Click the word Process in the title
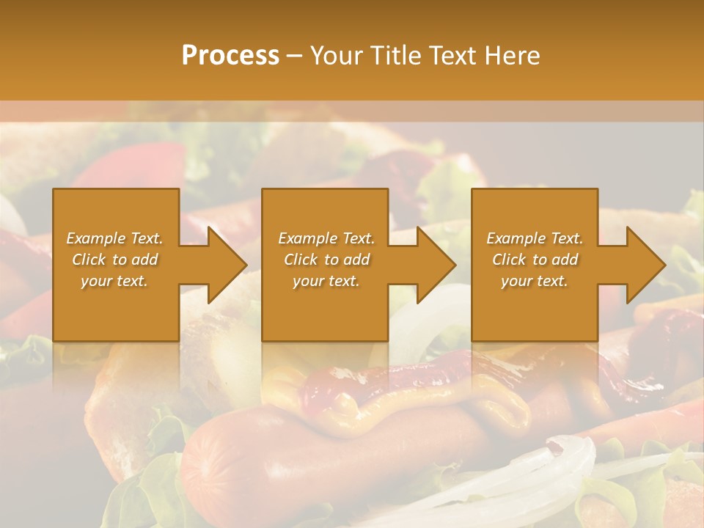point(230,56)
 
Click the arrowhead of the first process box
point(227,265)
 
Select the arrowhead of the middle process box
point(436,265)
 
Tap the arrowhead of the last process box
point(645,265)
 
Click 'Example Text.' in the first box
point(114,238)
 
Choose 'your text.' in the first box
point(114,281)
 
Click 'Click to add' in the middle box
point(326,260)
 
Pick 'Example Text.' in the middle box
point(326,238)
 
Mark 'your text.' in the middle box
point(326,281)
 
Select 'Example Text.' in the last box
point(535,238)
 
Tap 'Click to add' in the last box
point(535,260)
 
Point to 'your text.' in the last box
point(535,281)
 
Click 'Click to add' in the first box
point(114,260)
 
